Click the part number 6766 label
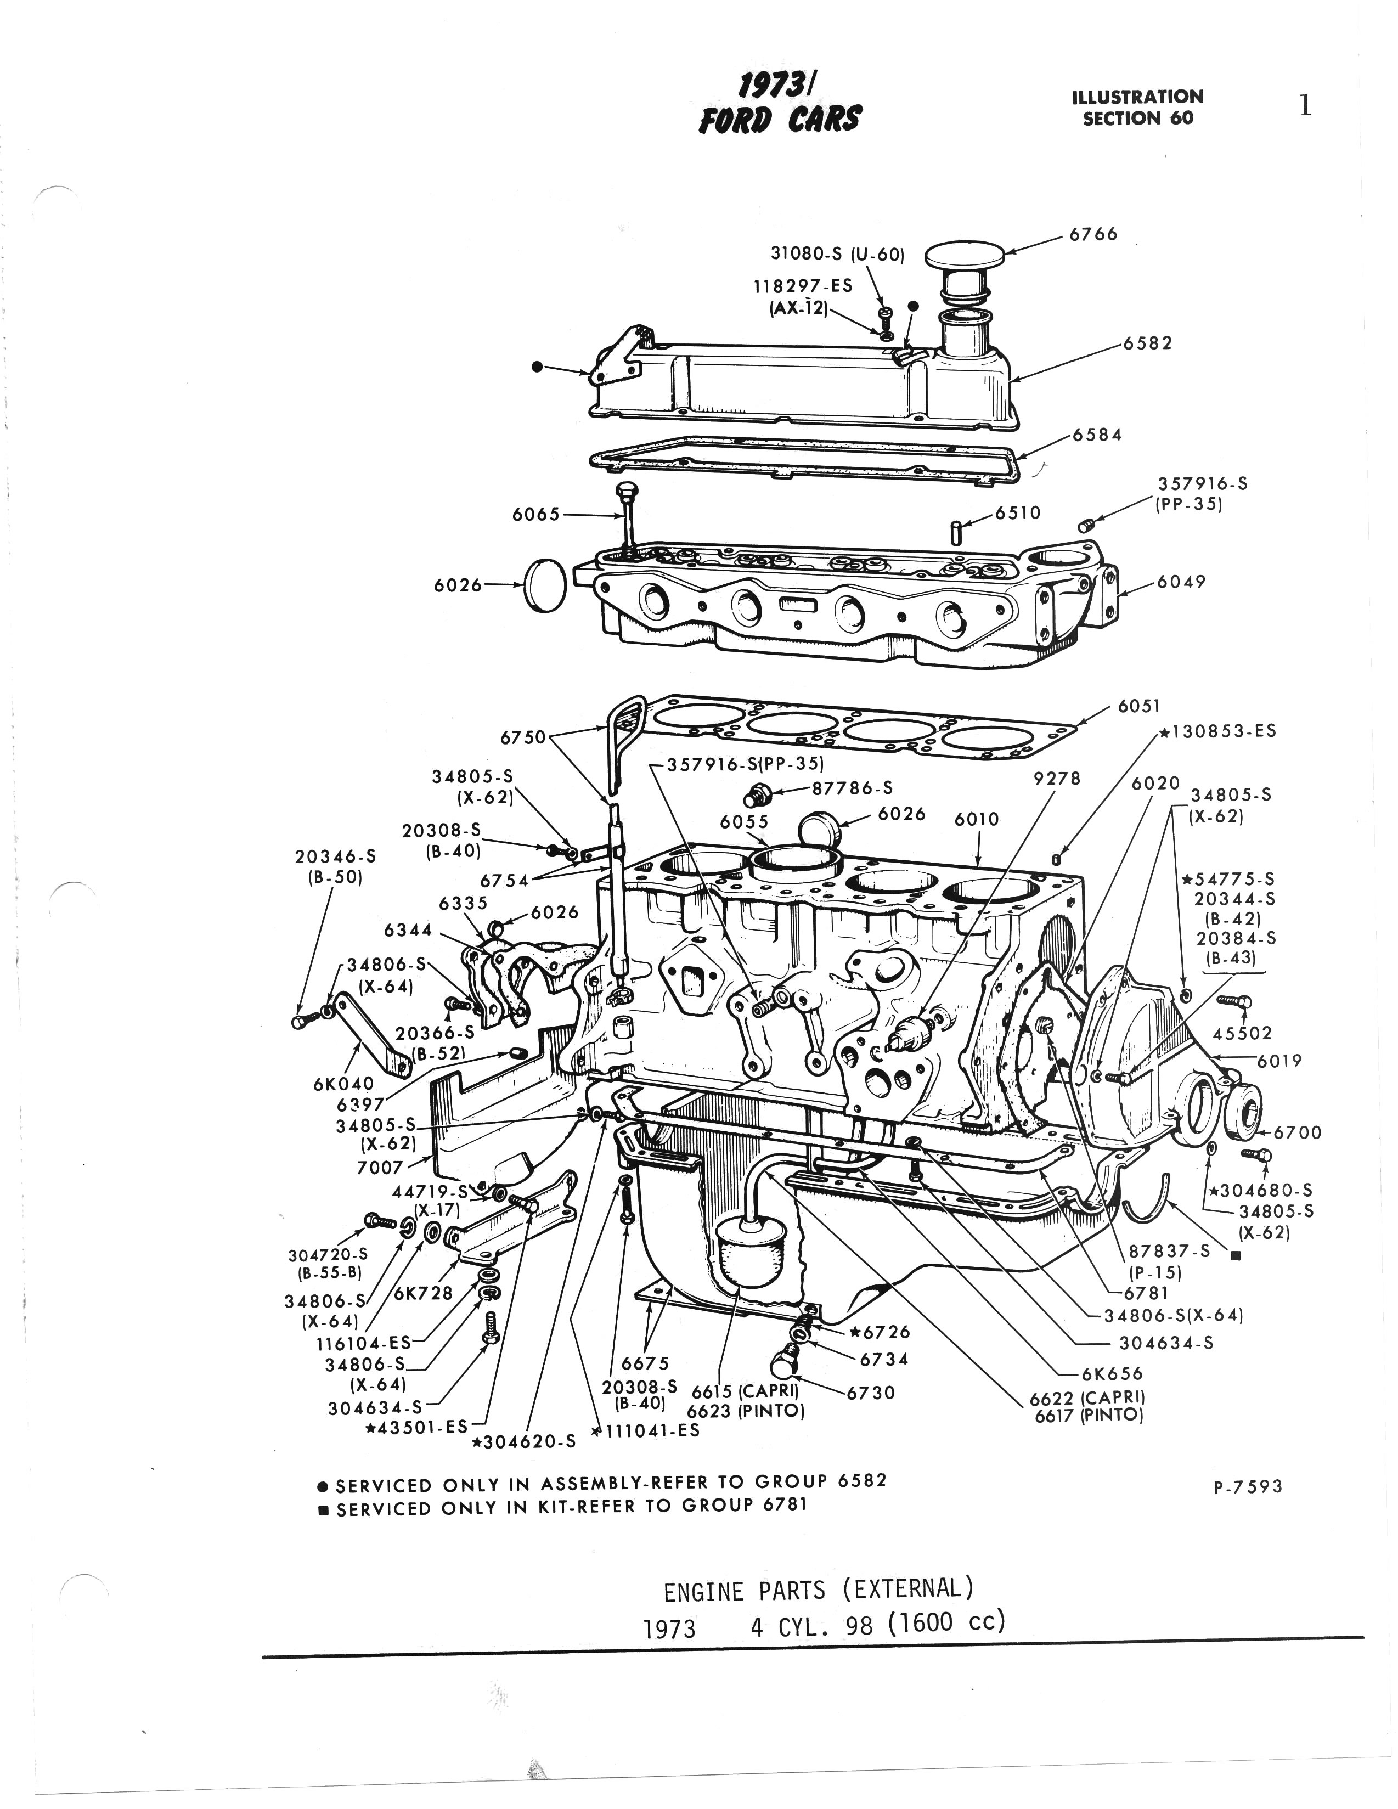pos(1093,234)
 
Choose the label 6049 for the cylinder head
pos(1181,582)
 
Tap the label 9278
pos(1058,779)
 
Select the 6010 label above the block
pos(977,819)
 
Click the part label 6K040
pos(343,1083)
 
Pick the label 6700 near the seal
pos(1297,1132)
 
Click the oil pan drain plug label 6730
pos(870,1393)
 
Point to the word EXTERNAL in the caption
pos(906,1588)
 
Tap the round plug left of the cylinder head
pos(544,585)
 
